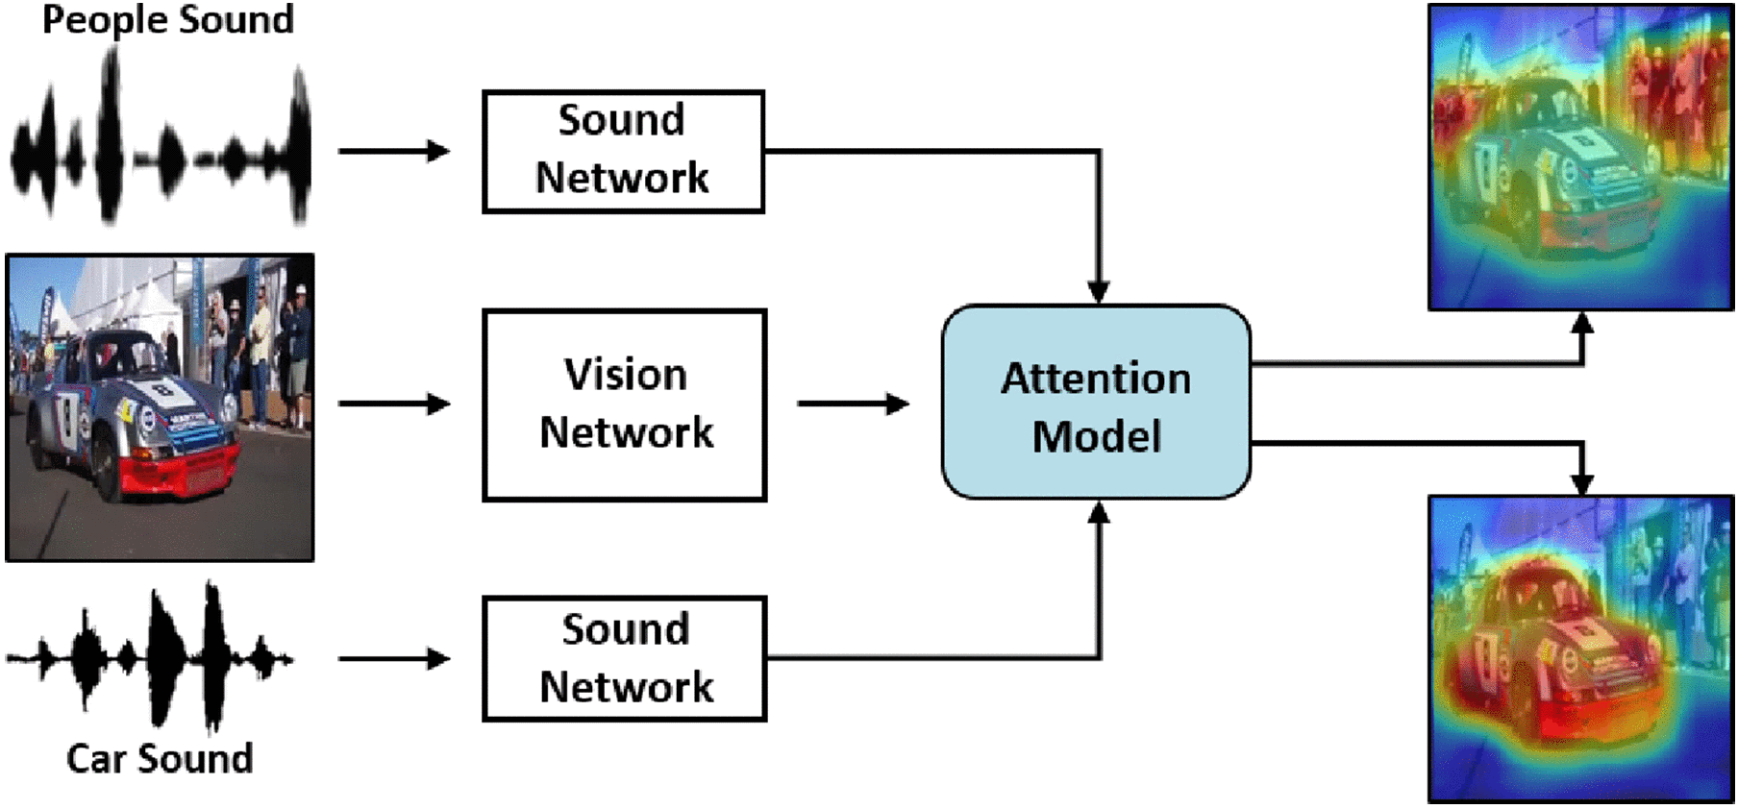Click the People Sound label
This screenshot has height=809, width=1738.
pos(168,19)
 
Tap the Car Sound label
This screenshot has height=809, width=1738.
pos(160,758)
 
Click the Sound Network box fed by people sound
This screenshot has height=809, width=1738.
pos(623,151)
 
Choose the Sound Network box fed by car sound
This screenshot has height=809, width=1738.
pos(625,658)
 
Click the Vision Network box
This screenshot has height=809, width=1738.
pos(625,404)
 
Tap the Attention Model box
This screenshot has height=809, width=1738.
pos(1096,402)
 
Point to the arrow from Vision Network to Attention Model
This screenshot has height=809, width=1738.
pos(854,404)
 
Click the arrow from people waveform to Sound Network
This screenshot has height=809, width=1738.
pos(394,151)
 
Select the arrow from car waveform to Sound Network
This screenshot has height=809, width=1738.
pos(394,658)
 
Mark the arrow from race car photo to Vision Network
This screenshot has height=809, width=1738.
pos(394,404)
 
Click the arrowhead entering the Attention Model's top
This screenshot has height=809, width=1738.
pos(1098,291)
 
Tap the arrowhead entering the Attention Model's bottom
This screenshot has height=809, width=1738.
pos(1098,512)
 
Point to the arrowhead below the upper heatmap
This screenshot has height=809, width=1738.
pos(1581,323)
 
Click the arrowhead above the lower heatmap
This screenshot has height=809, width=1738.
pos(1581,483)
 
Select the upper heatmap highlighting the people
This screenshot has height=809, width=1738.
pos(1581,158)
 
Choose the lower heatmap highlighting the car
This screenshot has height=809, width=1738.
pos(1581,649)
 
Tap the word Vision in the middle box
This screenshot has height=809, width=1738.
pos(626,375)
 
